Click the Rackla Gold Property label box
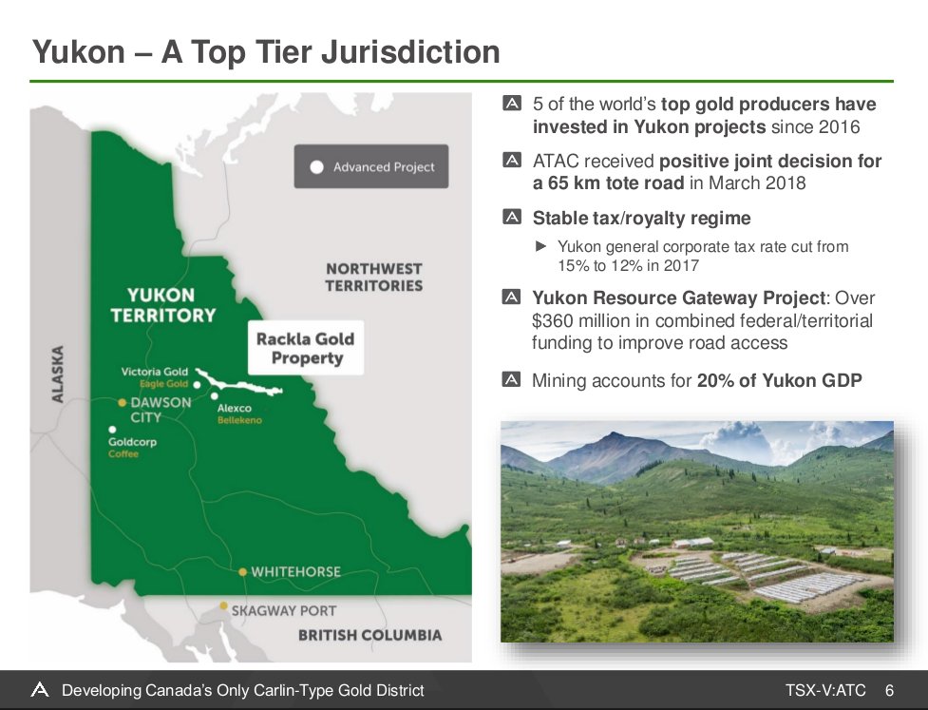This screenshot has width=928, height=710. click(306, 348)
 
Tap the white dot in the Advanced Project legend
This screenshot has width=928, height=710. click(316, 167)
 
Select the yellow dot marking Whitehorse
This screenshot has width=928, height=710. click(242, 571)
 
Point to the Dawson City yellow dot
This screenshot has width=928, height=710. click(122, 403)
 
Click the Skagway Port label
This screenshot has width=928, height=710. click(283, 610)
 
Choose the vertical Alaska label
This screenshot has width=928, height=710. click(57, 374)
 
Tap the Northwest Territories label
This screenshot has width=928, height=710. click(374, 278)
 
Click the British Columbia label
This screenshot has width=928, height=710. click(369, 635)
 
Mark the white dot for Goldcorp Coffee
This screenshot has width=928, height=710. click(112, 430)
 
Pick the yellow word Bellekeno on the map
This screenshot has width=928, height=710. click(239, 420)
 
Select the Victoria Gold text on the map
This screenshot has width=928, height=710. click(155, 372)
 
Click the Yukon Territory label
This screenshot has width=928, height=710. click(162, 305)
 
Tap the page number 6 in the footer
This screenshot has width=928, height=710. click(889, 690)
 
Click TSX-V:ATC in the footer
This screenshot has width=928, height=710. click(825, 690)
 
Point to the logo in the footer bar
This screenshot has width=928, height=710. click(40, 689)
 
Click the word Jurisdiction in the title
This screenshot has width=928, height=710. click(410, 51)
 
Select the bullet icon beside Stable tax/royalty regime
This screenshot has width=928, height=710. click(512, 217)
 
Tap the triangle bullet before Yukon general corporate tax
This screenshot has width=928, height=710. click(540, 246)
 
